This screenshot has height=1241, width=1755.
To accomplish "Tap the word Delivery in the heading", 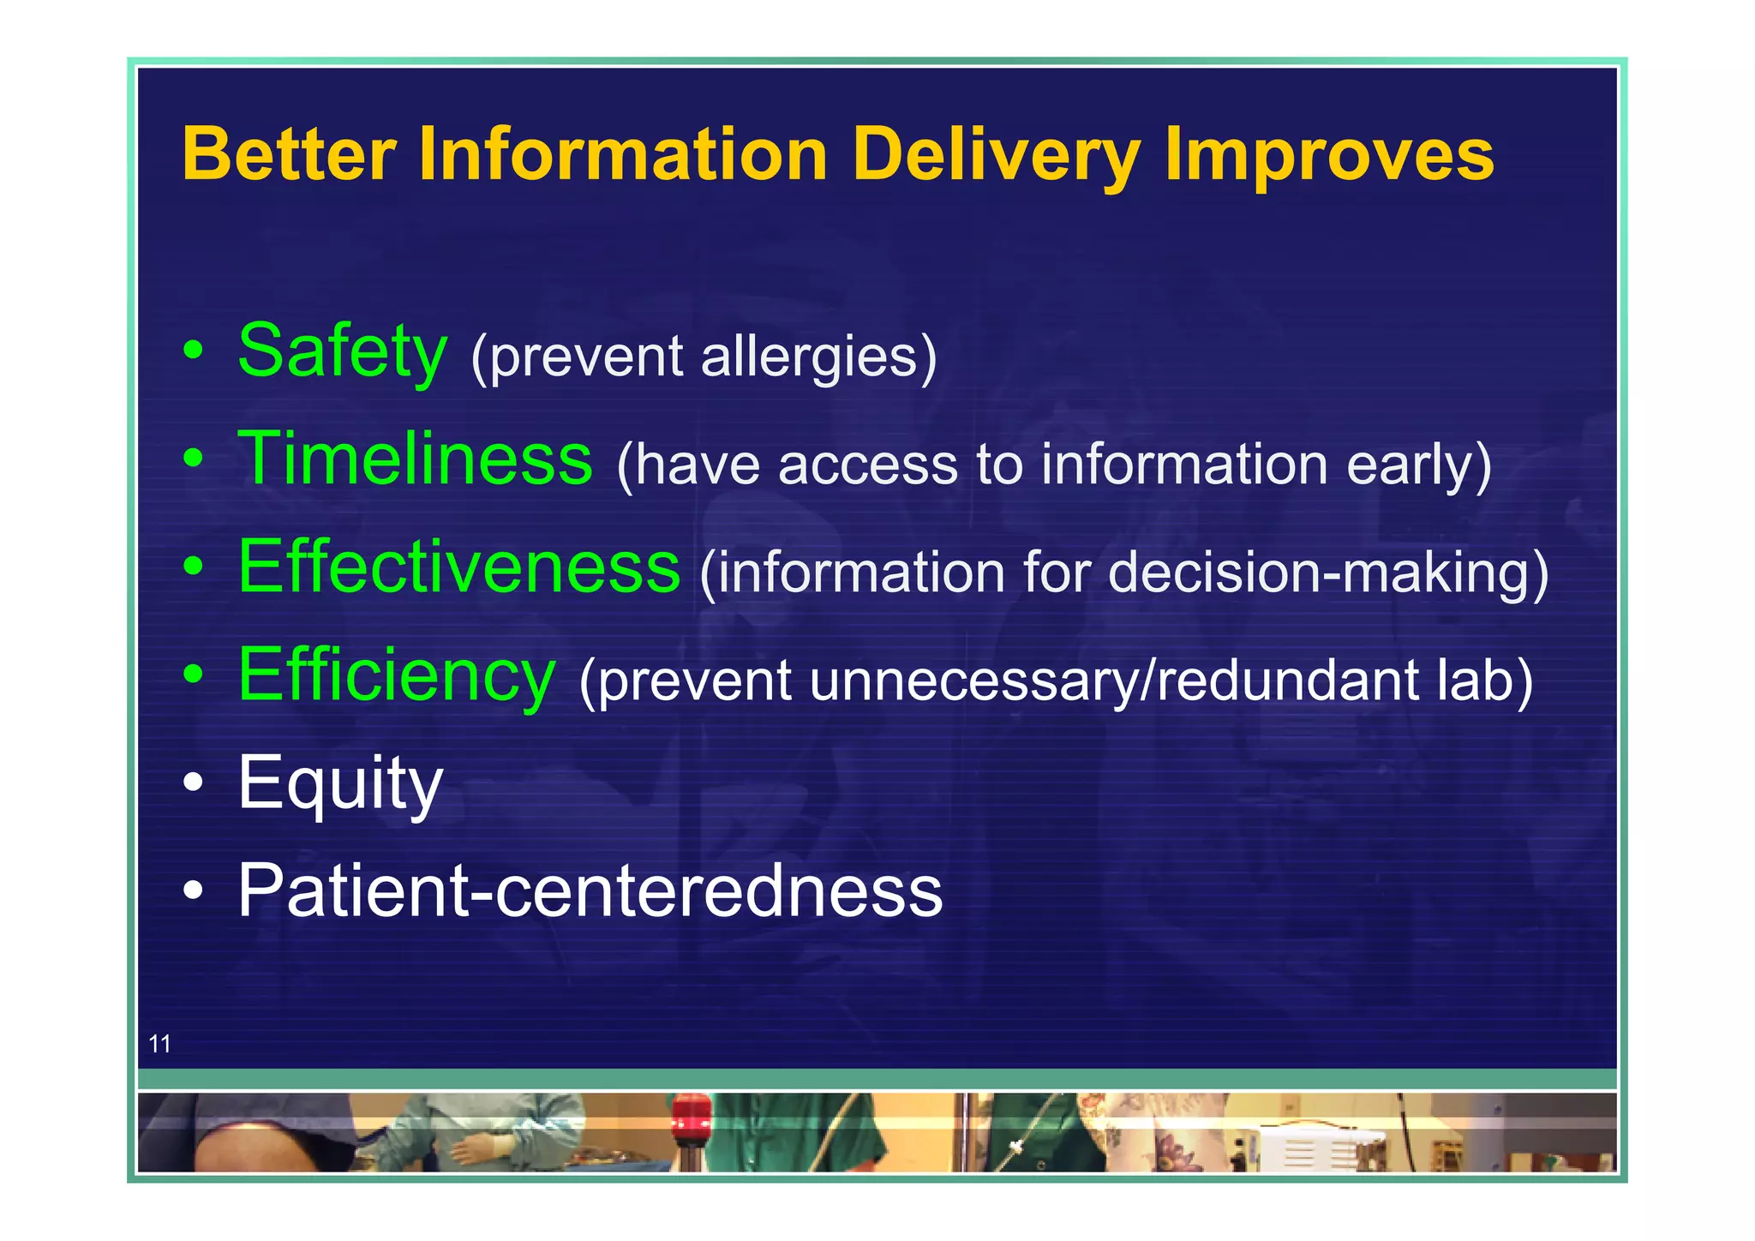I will [996, 156].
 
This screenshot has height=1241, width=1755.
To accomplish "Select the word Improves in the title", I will [1329, 156].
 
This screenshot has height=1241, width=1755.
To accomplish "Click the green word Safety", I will [342, 351].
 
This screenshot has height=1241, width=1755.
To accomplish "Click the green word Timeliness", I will [415, 459].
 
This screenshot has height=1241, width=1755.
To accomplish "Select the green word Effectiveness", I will [458, 567].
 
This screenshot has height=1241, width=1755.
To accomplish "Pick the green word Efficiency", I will [397, 675].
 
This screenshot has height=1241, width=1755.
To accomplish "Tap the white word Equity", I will [340, 782].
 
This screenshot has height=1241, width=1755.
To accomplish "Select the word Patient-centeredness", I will [590, 891].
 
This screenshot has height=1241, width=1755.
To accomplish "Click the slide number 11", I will [159, 1044].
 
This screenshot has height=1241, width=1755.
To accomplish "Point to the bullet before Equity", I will [194, 782].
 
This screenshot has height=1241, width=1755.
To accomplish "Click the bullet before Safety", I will [194, 351].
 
